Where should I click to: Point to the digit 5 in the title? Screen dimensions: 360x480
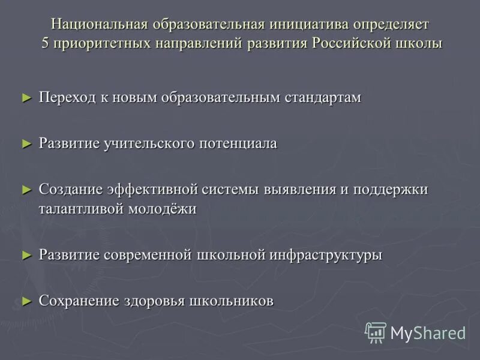pos(45,44)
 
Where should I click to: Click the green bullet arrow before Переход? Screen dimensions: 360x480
pos(26,97)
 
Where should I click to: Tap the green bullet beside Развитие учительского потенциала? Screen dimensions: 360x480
pos(26,143)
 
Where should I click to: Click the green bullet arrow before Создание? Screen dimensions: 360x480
pos(26,189)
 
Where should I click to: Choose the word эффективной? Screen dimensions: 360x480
pos(153,189)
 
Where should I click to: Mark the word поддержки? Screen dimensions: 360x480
pos(391,189)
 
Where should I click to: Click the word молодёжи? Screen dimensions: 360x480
pos(165,209)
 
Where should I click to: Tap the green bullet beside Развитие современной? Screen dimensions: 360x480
pos(26,254)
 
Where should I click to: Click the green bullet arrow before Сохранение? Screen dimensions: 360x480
pos(26,301)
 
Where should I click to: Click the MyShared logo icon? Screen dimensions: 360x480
pos(376,332)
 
